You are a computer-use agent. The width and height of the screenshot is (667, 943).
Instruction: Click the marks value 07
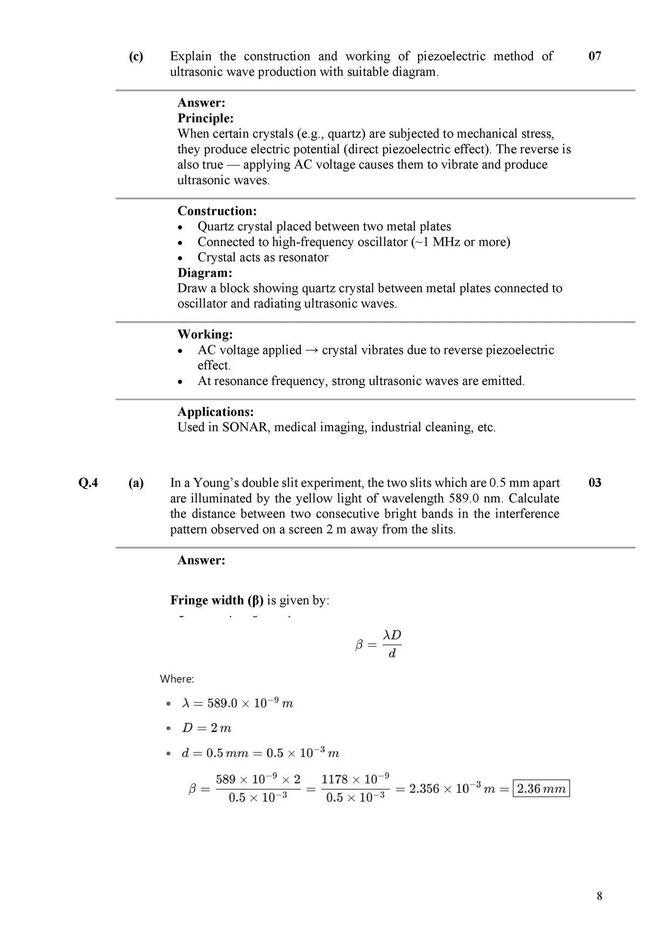coord(594,56)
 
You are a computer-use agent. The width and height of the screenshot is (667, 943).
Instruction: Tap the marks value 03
coord(594,483)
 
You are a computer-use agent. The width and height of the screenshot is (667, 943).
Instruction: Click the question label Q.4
coord(88,483)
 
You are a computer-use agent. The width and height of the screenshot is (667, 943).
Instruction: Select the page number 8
coord(599,896)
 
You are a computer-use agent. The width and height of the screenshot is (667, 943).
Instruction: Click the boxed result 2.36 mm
coord(541,788)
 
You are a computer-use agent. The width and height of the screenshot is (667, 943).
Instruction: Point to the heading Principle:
coord(205,118)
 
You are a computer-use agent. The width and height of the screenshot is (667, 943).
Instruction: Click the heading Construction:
coord(217,211)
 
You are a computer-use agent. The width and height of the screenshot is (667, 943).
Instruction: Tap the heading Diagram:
coord(205,273)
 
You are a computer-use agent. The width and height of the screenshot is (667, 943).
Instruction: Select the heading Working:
coord(205,334)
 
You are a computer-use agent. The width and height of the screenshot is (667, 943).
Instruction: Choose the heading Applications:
coord(216,412)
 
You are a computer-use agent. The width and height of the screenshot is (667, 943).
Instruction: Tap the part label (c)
coord(136,56)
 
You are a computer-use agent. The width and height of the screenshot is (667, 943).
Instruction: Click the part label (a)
coord(136,483)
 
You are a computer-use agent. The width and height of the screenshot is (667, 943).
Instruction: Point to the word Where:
coord(177,679)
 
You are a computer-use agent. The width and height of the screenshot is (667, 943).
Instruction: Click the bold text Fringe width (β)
coord(217,600)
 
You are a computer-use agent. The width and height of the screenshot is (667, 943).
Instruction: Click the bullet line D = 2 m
coord(206,728)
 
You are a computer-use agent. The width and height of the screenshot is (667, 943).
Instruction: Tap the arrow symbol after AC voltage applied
coord(311,350)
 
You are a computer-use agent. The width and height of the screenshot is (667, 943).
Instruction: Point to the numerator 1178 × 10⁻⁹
coord(355,779)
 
